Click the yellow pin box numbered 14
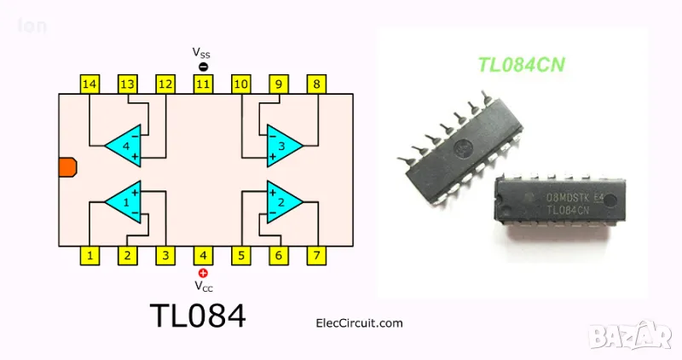(90, 84)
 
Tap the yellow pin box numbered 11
(203, 84)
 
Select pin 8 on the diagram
(317, 84)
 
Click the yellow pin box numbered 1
(90, 254)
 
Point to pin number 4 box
(203, 254)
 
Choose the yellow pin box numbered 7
(317, 254)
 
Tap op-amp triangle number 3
(282, 145)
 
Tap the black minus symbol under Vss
(203, 67)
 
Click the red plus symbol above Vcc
(203, 272)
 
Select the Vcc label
(203, 286)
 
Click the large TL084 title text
(197, 316)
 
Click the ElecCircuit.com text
(359, 323)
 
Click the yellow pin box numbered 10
(241, 84)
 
